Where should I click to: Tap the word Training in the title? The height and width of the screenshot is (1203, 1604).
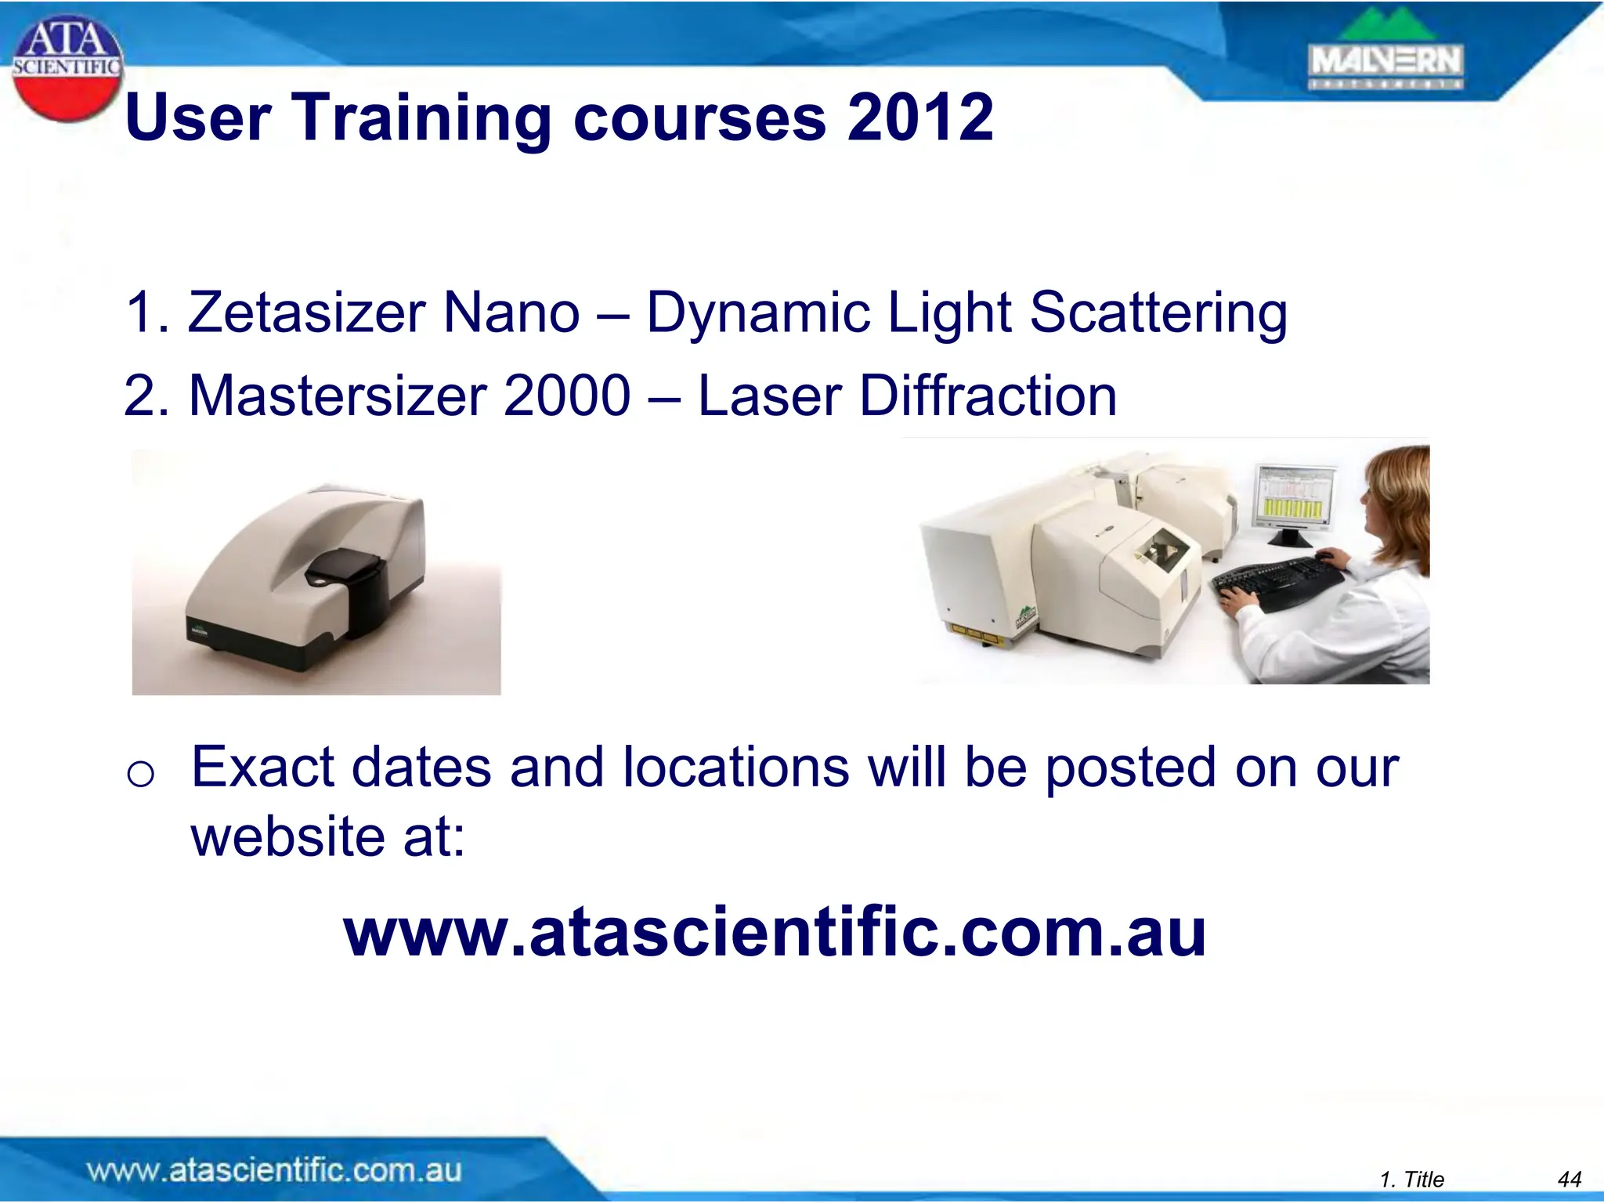(422, 117)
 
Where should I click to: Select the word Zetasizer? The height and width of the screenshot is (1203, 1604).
(306, 312)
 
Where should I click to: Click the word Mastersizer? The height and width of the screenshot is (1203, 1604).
(339, 396)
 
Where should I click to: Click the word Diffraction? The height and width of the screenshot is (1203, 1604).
(988, 396)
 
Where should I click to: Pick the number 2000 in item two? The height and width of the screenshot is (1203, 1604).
(567, 396)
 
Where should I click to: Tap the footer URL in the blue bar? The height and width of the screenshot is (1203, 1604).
(274, 1170)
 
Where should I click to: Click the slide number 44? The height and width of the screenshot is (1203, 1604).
(1570, 1179)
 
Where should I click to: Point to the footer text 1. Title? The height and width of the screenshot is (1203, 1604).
(1411, 1179)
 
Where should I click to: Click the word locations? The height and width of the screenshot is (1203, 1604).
(735, 767)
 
